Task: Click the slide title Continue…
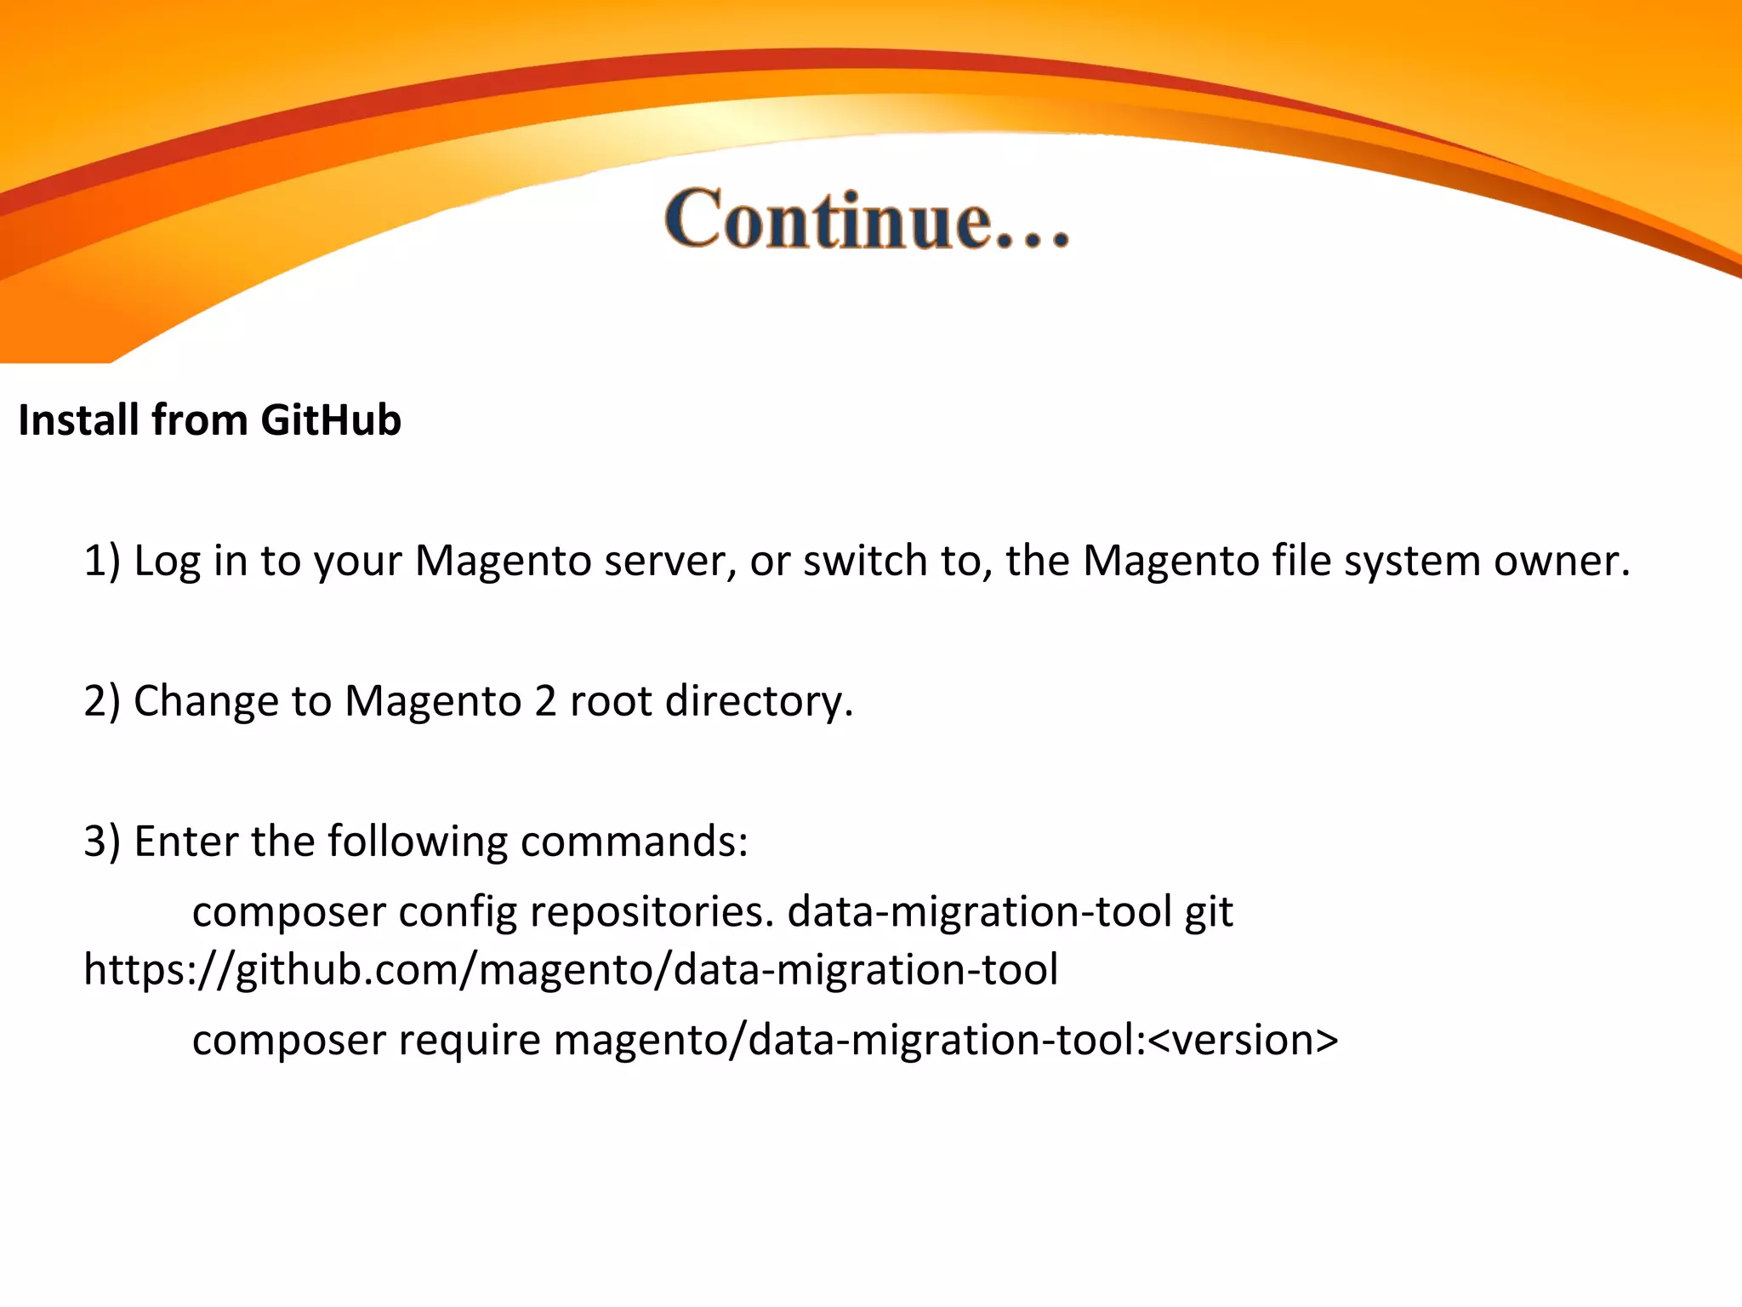pos(867,220)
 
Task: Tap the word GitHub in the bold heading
pos(331,420)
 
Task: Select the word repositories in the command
pos(652,912)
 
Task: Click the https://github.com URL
pos(571,970)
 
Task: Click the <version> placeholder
pos(1243,1041)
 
